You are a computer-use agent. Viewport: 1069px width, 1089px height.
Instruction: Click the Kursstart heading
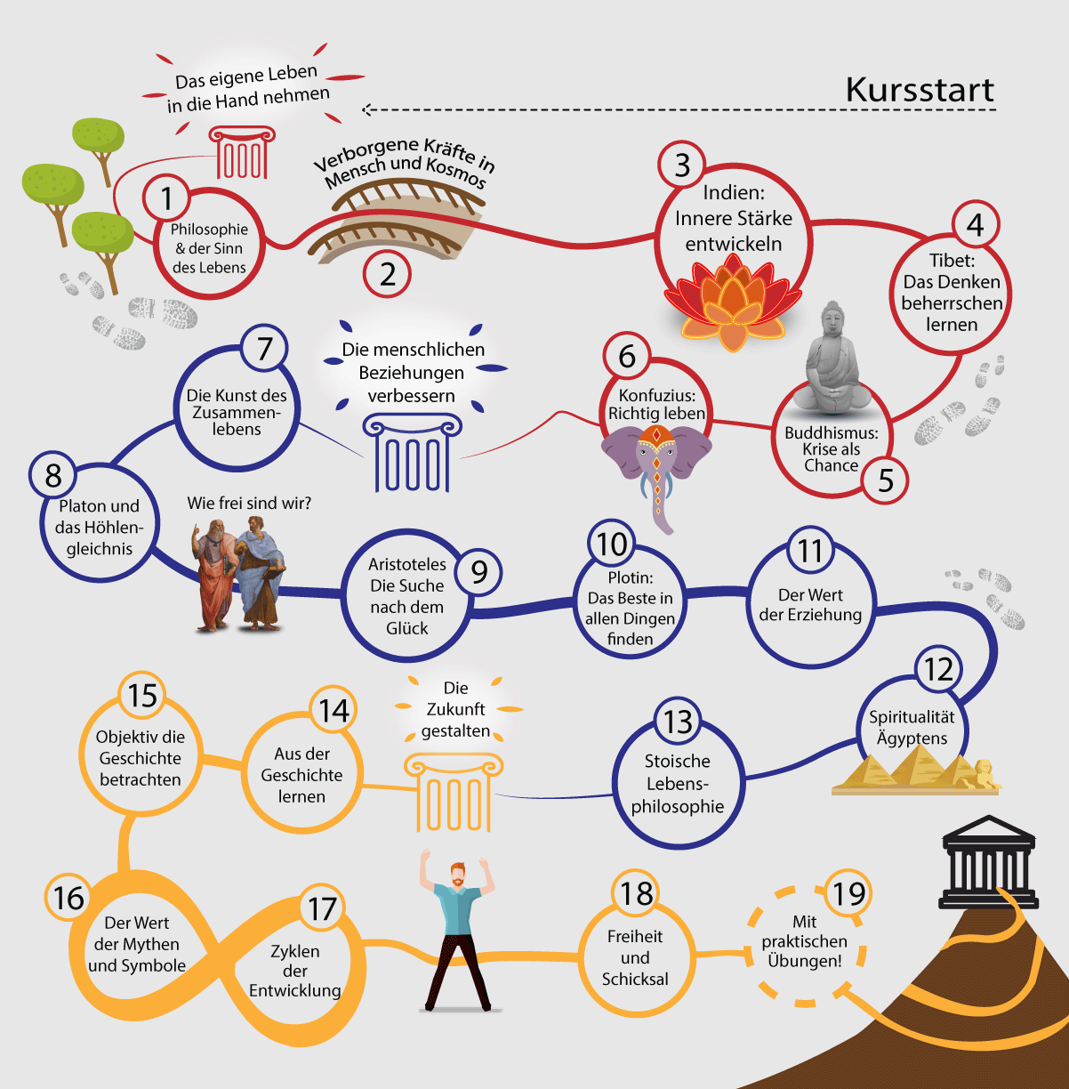click(x=919, y=90)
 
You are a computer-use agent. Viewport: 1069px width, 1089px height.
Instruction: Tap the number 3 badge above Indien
click(x=681, y=165)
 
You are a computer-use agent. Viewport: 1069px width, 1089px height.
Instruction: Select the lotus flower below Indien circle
click(x=732, y=302)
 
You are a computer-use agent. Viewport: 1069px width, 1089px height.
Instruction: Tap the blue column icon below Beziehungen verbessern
click(x=412, y=453)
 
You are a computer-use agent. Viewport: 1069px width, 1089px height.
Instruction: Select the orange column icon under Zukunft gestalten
click(x=453, y=792)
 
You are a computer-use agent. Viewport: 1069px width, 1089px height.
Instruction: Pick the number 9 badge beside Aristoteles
click(x=478, y=572)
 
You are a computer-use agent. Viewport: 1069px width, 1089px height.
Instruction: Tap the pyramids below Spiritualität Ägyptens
click(x=916, y=770)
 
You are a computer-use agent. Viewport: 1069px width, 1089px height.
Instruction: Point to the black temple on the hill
click(x=988, y=862)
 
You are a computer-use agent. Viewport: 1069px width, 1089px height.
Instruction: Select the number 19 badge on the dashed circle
click(x=848, y=892)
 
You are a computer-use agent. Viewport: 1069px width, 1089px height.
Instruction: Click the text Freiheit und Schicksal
click(x=635, y=958)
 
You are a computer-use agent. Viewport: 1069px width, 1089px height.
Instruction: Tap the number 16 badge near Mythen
click(x=68, y=898)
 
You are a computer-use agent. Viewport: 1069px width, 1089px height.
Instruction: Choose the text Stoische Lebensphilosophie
click(x=678, y=784)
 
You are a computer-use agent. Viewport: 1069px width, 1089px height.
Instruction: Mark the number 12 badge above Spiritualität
click(x=938, y=669)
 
